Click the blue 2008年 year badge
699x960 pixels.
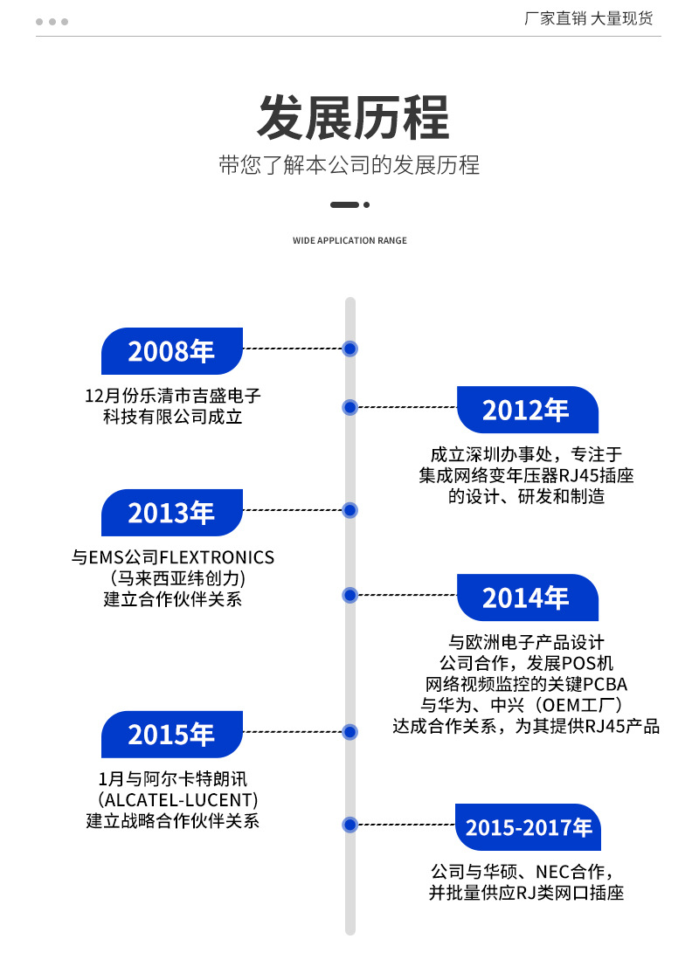pyautogui.click(x=172, y=351)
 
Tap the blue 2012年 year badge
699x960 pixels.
pyautogui.click(x=528, y=410)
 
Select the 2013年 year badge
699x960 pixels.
pyautogui.click(x=172, y=513)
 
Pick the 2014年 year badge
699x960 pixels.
pyautogui.click(x=528, y=597)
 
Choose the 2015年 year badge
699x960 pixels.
pyautogui.click(x=172, y=734)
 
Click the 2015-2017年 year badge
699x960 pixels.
pyautogui.click(x=528, y=827)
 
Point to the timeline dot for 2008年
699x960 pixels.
pyautogui.click(x=350, y=349)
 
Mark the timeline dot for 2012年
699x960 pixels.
pyautogui.click(x=350, y=407)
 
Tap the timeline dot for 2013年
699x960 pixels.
pyautogui.click(x=350, y=510)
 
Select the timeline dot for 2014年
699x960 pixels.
pyautogui.click(x=350, y=595)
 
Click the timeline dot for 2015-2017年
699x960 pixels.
pyautogui.click(x=350, y=825)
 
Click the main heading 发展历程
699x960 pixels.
pyautogui.click(x=353, y=118)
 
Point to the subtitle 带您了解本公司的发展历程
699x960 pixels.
pyautogui.click(x=349, y=165)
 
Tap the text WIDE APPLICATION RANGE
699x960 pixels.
pyautogui.click(x=349, y=240)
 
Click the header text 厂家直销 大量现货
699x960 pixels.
pyautogui.click(x=588, y=19)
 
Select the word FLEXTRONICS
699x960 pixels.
pyautogui.click(x=217, y=558)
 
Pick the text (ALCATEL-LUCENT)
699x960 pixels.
pyautogui.click(x=177, y=799)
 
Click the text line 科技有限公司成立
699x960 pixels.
pyautogui.click(x=173, y=417)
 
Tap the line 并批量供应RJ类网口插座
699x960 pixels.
pyautogui.click(x=526, y=893)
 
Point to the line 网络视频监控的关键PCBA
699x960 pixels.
pyautogui.click(x=526, y=684)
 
